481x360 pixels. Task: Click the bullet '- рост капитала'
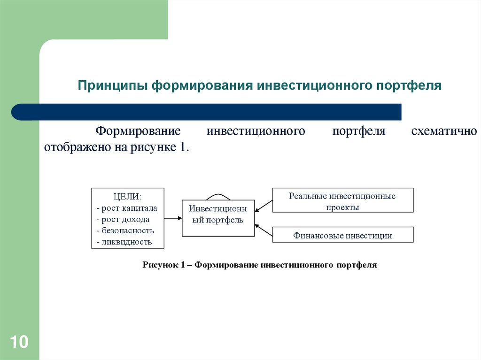(127, 207)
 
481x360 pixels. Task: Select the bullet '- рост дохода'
(123, 219)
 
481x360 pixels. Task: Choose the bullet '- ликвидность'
(124, 242)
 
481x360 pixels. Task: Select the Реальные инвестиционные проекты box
(342, 201)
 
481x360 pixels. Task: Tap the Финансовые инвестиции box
(342, 236)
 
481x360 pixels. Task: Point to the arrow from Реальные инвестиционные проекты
(264, 206)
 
